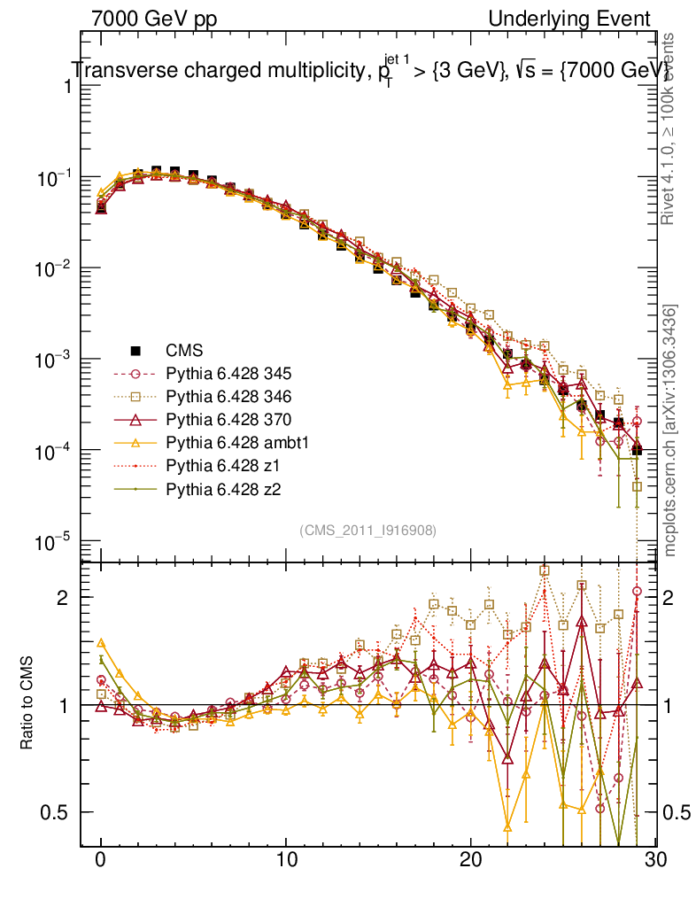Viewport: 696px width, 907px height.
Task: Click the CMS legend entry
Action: point(194,350)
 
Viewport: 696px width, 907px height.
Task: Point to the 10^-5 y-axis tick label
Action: point(55,542)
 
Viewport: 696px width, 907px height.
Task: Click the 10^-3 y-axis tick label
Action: point(55,360)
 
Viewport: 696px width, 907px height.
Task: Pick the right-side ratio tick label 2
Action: point(675,598)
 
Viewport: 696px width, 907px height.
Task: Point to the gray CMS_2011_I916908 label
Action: point(368,530)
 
